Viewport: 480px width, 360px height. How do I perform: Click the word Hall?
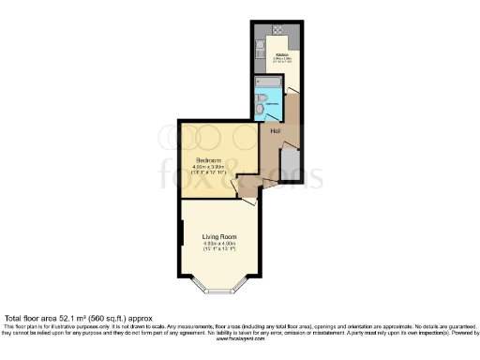click(x=275, y=130)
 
